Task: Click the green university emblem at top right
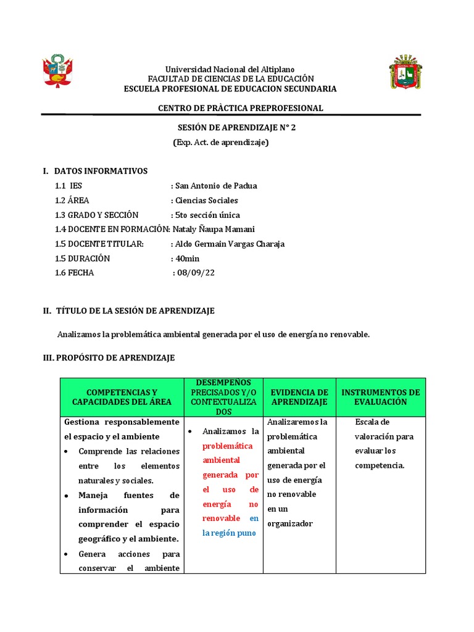pos(405,72)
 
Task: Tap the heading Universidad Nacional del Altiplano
pos(229,69)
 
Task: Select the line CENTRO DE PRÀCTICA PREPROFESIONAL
pos(240,108)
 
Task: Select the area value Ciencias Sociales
pos(206,201)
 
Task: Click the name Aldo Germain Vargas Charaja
pos(230,244)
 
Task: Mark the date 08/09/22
pos(197,273)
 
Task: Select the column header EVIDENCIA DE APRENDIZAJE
pos(299,397)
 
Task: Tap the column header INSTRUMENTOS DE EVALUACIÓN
pos(380,397)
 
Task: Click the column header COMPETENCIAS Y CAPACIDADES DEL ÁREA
pos(122,397)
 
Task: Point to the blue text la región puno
pos(229,533)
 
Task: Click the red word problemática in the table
pos(228,446)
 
